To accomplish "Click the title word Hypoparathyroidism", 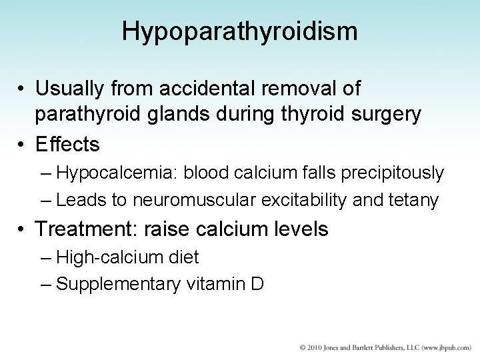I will (239, 31).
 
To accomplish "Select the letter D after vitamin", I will (258, 285).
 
